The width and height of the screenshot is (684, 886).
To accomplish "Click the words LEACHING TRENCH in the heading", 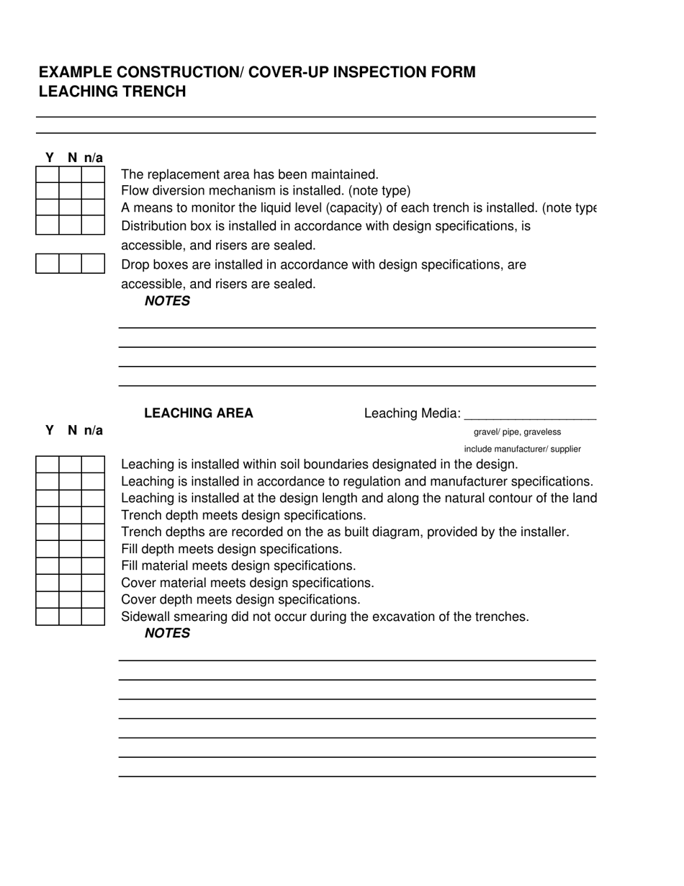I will click(112, 91).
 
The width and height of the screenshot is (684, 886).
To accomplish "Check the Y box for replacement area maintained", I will click(48, 175).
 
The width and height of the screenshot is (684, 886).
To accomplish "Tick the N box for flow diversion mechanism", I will click(71, 192).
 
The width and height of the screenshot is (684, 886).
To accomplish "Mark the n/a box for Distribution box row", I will click(93, 225).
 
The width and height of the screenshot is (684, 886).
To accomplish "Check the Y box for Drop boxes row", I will click(48, 264).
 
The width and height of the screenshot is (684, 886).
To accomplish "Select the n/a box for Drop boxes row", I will click(93, 264).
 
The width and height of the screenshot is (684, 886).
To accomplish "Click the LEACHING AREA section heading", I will click(199, 413).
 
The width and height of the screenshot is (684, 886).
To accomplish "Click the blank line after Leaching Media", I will click(530, 415).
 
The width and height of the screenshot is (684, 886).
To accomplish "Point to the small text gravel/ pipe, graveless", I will click(517, 432).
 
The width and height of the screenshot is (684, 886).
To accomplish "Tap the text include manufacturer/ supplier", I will click(522, 449).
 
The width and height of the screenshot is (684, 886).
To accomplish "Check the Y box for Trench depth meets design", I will click(48, 515).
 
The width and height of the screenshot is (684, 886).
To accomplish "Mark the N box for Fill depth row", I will click(71, 549).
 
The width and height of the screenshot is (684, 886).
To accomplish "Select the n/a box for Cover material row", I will click(93, 583).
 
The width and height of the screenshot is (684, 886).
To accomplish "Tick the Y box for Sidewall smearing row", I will click(48, 617).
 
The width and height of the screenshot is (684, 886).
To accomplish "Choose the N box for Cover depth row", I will click(71, 599).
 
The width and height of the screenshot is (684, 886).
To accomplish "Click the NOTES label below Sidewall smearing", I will click(167, 633).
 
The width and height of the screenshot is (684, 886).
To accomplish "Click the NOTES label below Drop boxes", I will click(167, 301).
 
